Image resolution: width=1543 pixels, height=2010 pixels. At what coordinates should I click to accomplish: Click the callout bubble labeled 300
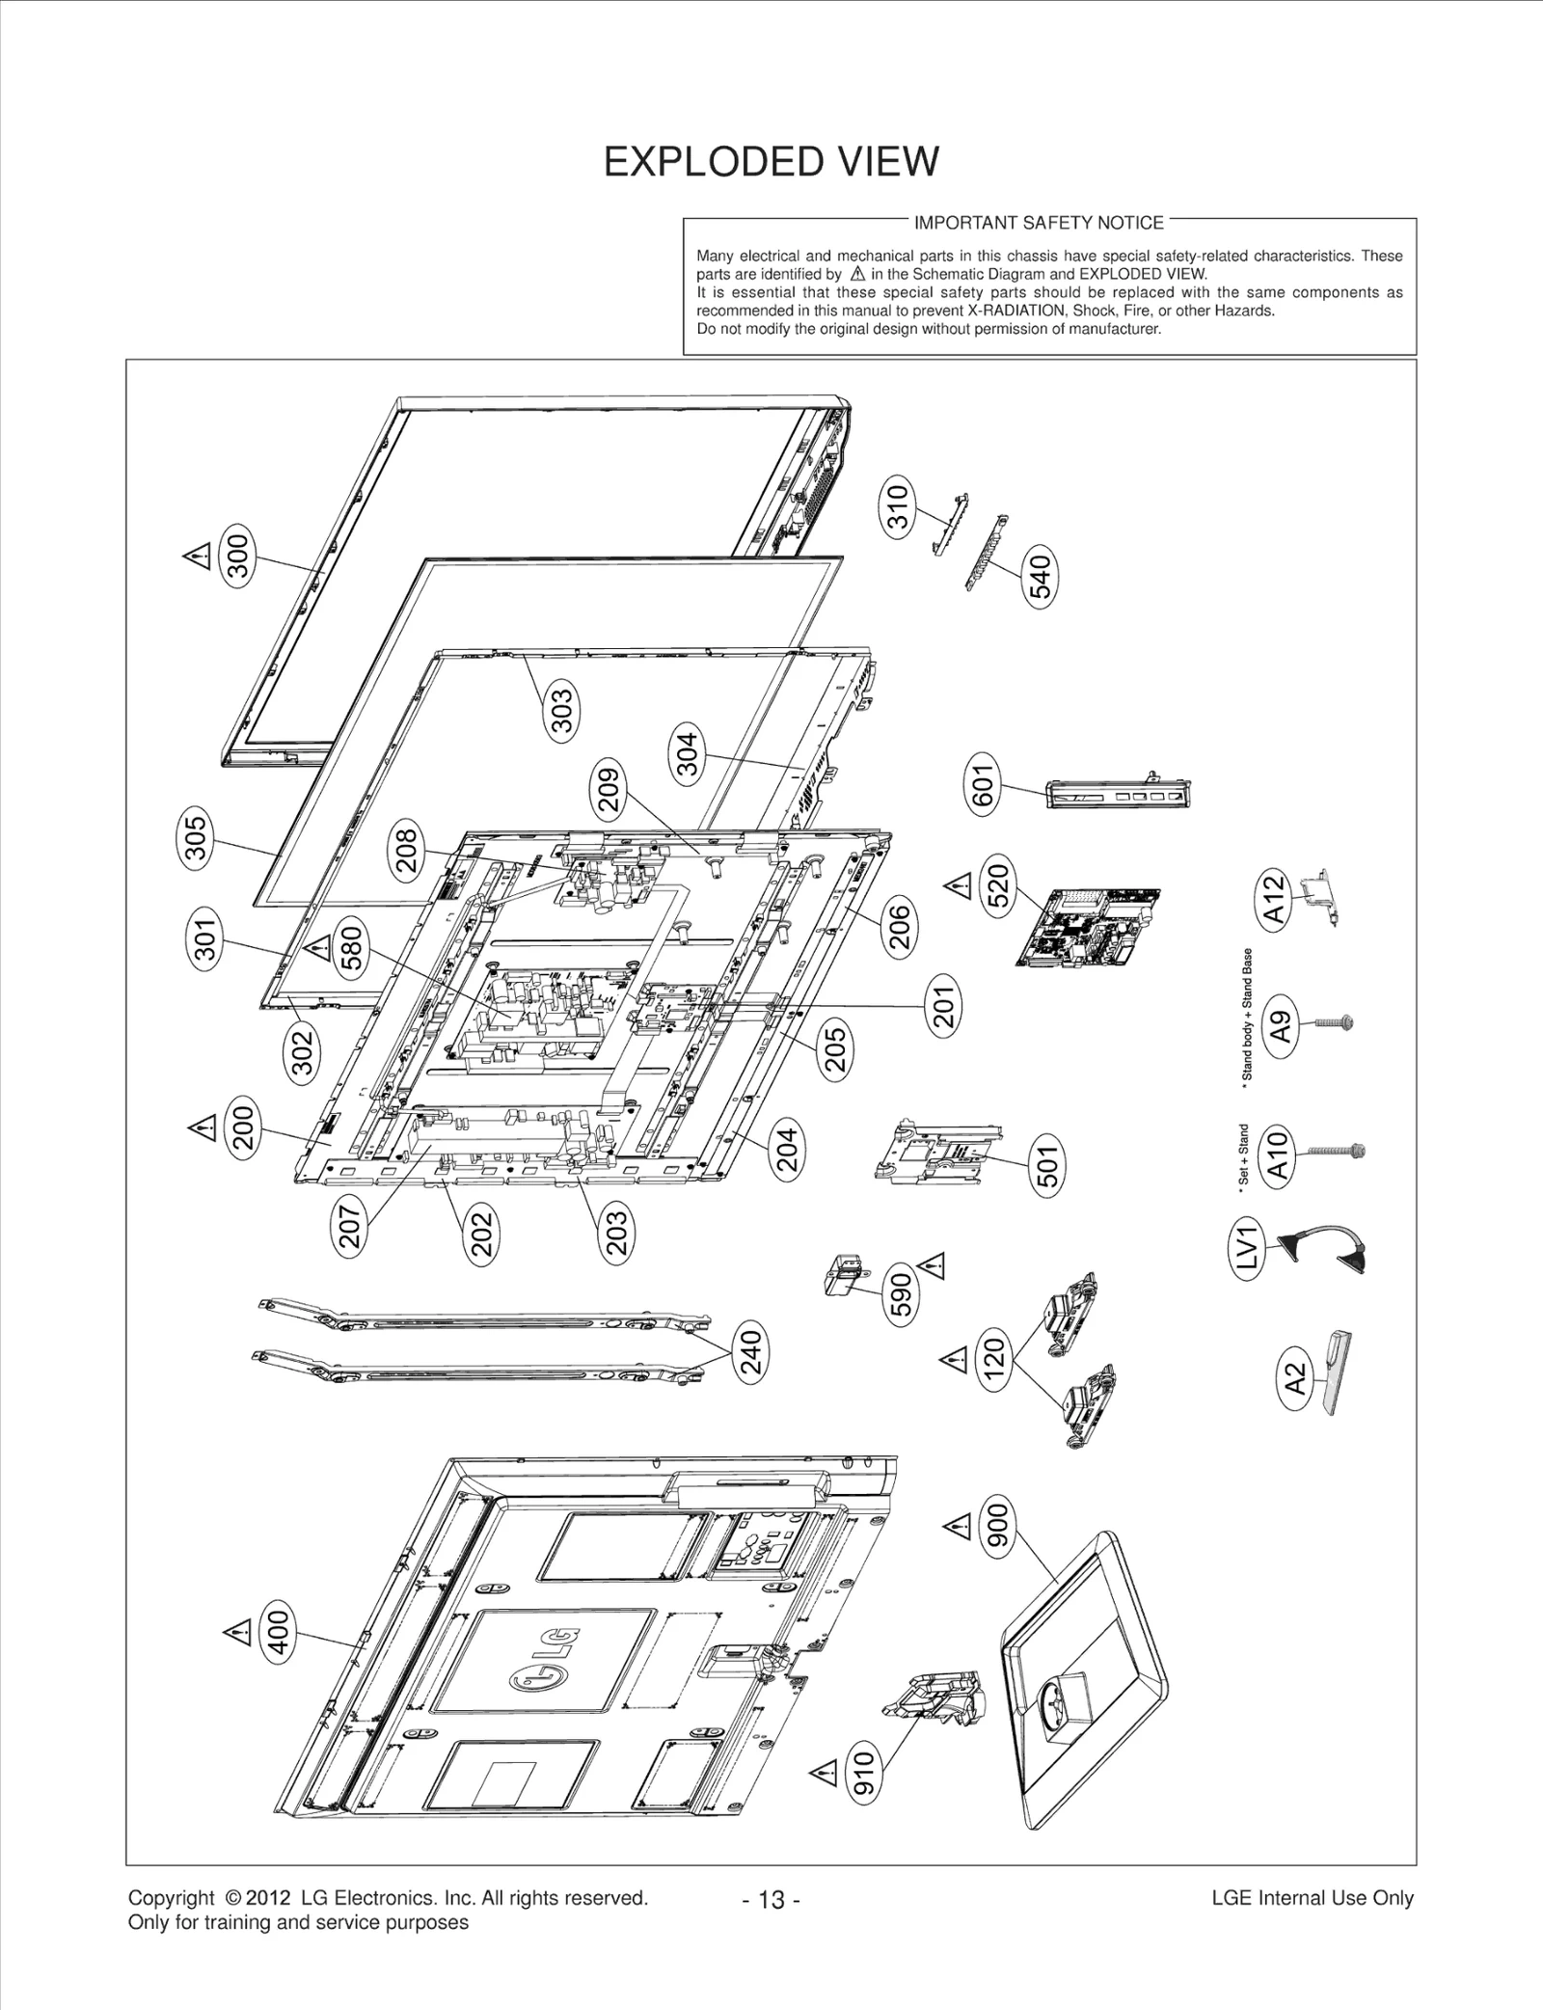237,552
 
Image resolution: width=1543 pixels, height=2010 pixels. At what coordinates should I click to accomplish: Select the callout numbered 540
1041,574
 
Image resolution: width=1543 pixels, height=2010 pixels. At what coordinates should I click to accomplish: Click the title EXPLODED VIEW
771,162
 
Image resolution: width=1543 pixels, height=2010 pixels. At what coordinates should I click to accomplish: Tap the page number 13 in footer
771,1900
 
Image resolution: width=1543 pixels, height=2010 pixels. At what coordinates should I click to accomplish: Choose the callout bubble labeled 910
863,1771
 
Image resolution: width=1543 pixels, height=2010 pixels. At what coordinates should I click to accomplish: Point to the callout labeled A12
1274,898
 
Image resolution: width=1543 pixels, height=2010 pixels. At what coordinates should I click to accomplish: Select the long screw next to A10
1336,1151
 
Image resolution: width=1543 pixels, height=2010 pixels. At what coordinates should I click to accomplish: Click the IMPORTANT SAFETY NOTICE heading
1039,223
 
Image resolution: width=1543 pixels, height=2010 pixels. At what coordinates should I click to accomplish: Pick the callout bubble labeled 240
751,1352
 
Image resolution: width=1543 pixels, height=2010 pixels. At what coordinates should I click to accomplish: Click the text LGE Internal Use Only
1312,1898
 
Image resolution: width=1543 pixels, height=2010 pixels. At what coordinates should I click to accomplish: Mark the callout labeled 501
1047,1166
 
